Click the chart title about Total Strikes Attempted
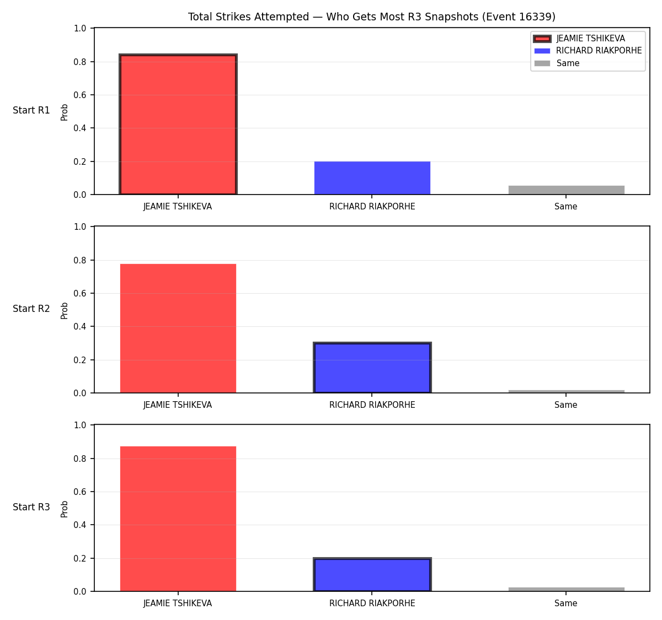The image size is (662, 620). pos(371,17)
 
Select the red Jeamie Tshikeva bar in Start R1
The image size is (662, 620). pos(178,124)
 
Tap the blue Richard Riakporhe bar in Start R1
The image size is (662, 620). pos(372,178)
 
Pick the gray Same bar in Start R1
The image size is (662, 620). pos(566,190)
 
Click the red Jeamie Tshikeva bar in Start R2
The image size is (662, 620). pos(178,328)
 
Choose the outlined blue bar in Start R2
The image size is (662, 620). pos(372,368)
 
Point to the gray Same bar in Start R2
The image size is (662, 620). pos(566,391)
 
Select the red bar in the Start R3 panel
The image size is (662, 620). pos(178,519)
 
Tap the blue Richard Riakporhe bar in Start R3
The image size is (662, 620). pos(372,575)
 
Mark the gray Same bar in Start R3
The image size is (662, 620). pos(566,589)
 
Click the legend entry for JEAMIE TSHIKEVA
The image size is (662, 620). pos(579,39)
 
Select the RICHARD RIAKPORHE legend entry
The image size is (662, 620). pos(588,51)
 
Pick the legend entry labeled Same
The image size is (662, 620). pos(557,63)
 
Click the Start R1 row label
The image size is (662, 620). pos(31,110)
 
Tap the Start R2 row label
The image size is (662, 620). pos(31,309)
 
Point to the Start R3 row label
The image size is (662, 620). pos(31,506)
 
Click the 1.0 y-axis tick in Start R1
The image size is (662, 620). pos(79,28)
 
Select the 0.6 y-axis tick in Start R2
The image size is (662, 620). pos(79,293)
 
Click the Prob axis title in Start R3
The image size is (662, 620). pos(64,509)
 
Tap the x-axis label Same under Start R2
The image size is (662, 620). pos(565,405)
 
